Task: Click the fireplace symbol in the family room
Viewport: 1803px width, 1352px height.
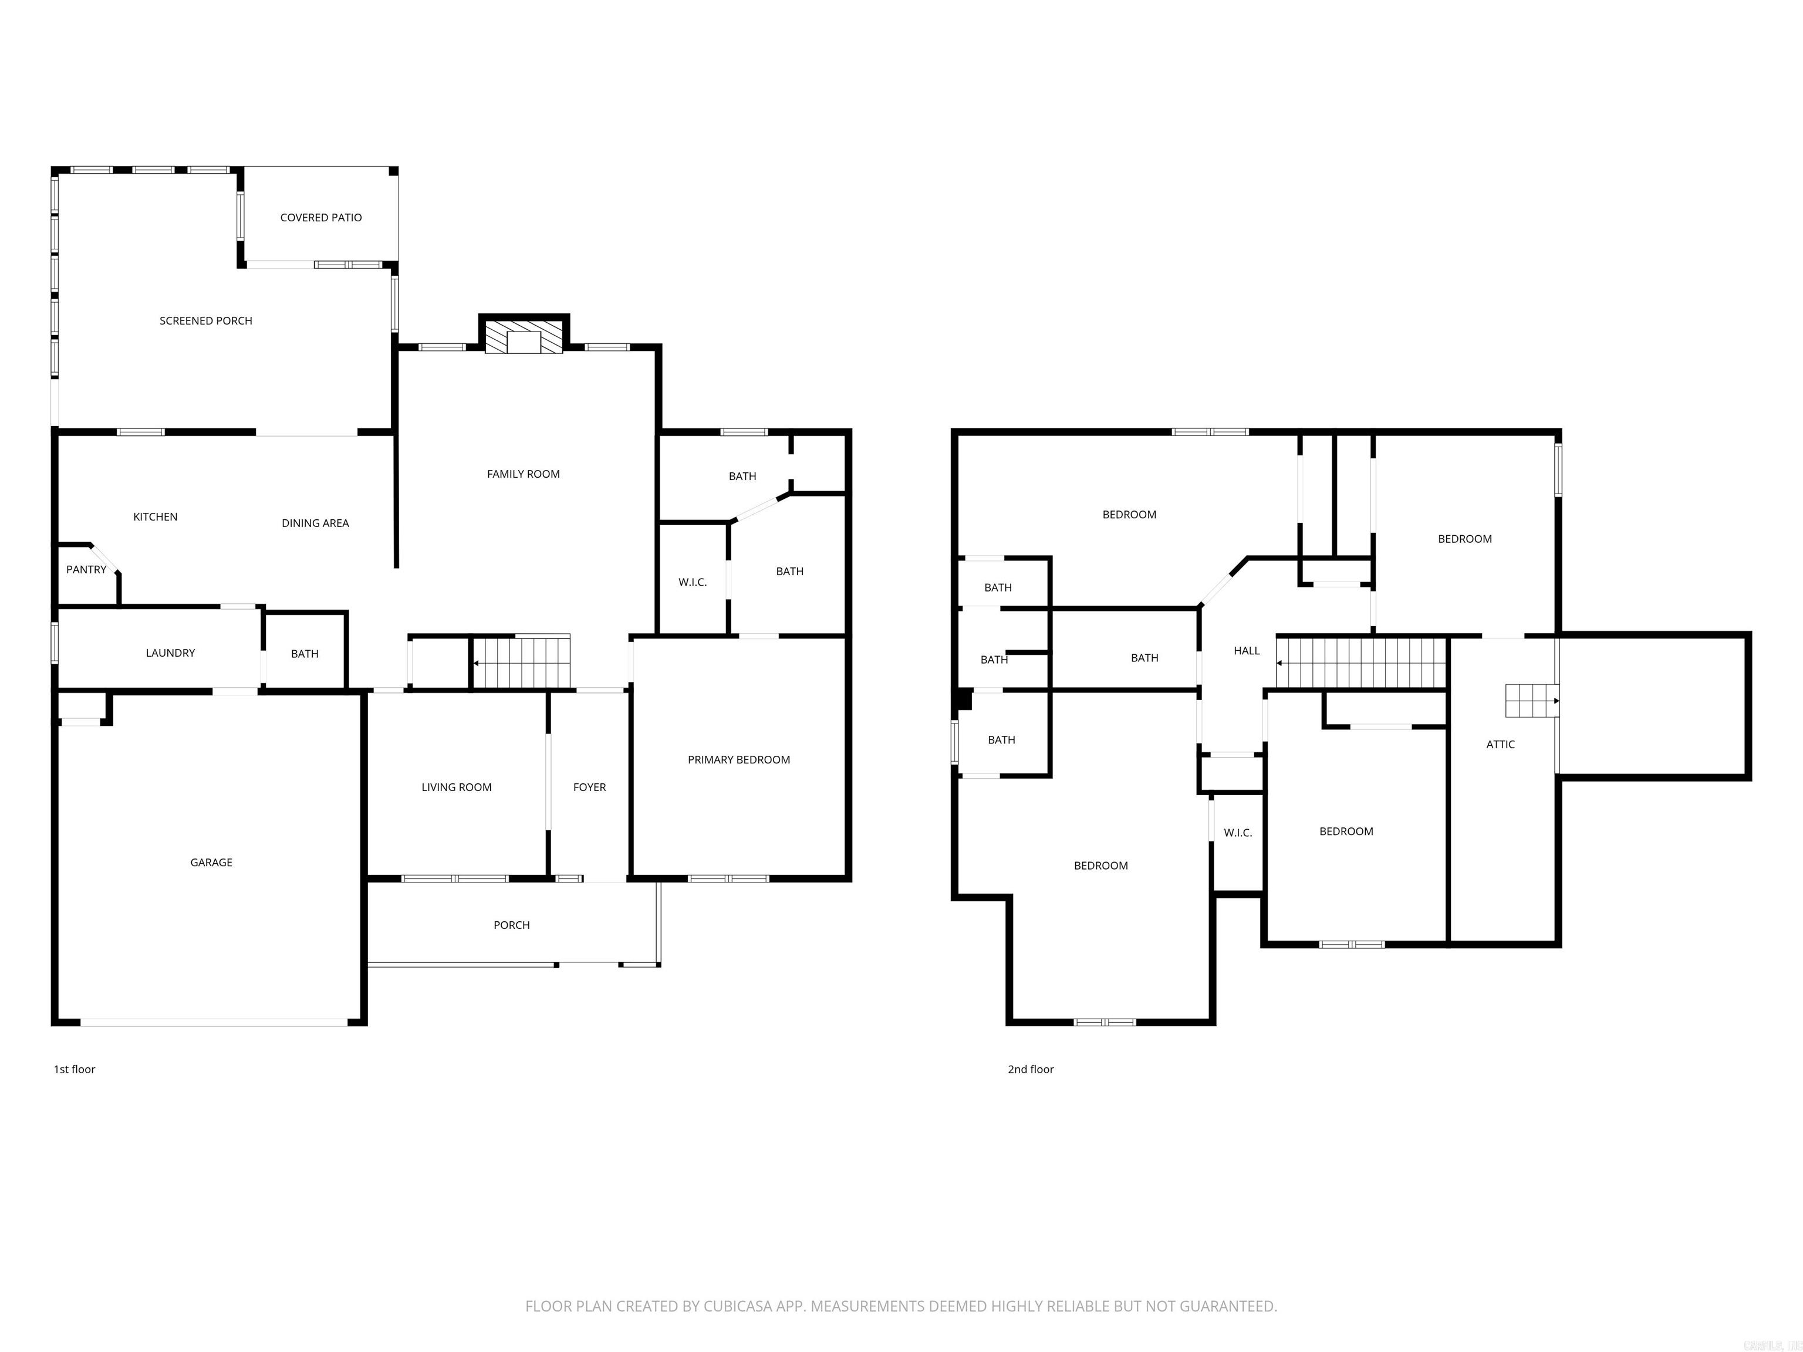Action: (524, 337)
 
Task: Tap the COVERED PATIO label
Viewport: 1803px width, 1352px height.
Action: (320, 218)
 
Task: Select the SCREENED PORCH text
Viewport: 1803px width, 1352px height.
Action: (205, 321)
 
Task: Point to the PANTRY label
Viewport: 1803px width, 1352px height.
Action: (86, 570)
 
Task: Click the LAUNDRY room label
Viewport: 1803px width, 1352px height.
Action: (170, 653)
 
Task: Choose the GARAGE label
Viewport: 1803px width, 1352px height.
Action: (211, 862)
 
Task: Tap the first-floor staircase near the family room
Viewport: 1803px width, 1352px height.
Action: (522, 662)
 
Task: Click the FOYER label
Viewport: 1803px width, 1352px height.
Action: (589, 787)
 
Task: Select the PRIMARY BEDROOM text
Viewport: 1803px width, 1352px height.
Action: (738, 759)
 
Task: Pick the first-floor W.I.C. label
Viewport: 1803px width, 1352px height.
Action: (692, 583)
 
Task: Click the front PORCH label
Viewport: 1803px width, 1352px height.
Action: (511, 925)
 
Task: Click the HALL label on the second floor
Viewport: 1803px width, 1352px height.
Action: (1246, 650)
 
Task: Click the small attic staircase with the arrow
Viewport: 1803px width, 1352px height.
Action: (1531, 701)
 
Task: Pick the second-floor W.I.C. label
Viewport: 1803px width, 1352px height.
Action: (1237, 833)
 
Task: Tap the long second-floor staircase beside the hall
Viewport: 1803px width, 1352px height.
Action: (1361, 663)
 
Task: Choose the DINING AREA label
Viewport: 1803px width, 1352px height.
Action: (315, 523)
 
